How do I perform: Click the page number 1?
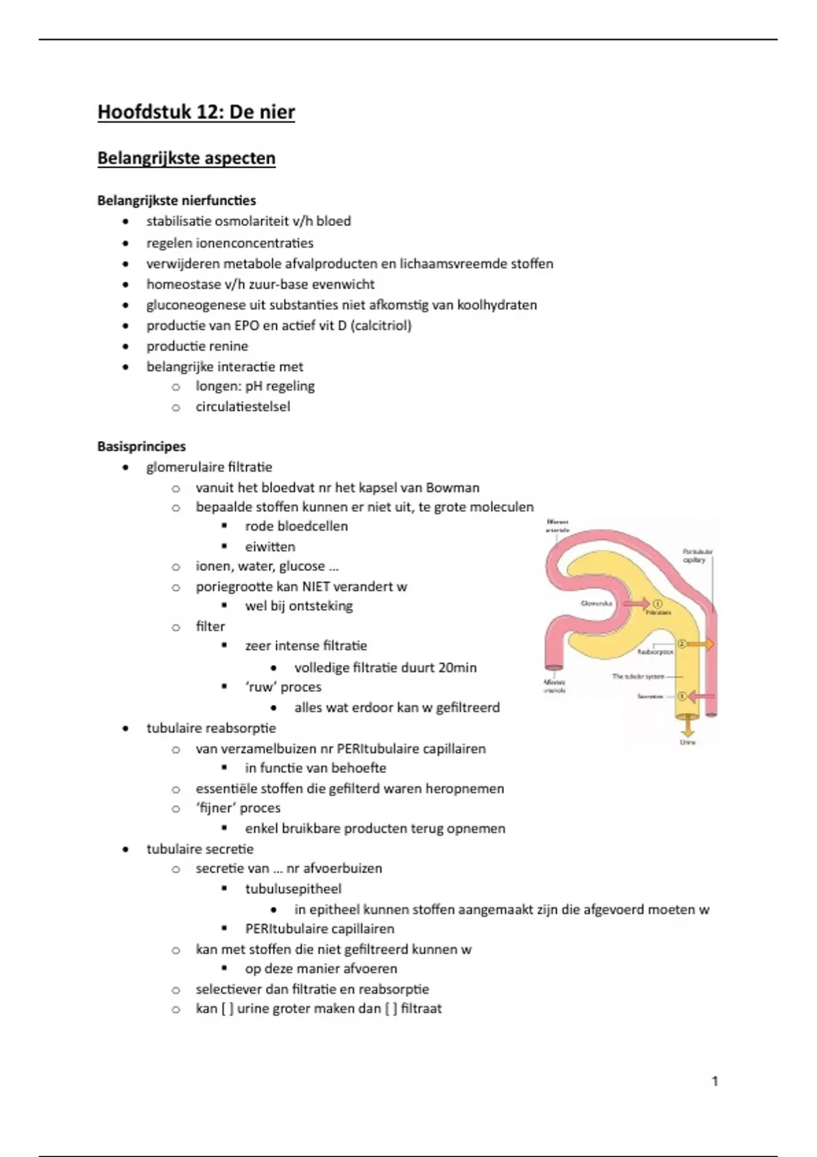tap(714, 1081)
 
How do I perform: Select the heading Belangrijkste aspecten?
tap(187, 158)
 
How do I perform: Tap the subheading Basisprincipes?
tap(142, 446)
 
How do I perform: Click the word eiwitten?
tap(270, 547)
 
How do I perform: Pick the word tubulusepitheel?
tap(293, 889)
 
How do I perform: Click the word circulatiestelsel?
tap(242, 406)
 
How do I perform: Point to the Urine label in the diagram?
tap(688, 742)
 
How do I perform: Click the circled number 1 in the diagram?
tap(658, 604)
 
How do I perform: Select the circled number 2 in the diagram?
tap(682, 644)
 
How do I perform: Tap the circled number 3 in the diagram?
tap(681, 696)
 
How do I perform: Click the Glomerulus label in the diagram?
tap(596, 604)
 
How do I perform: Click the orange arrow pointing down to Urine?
tap(688, 726)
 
